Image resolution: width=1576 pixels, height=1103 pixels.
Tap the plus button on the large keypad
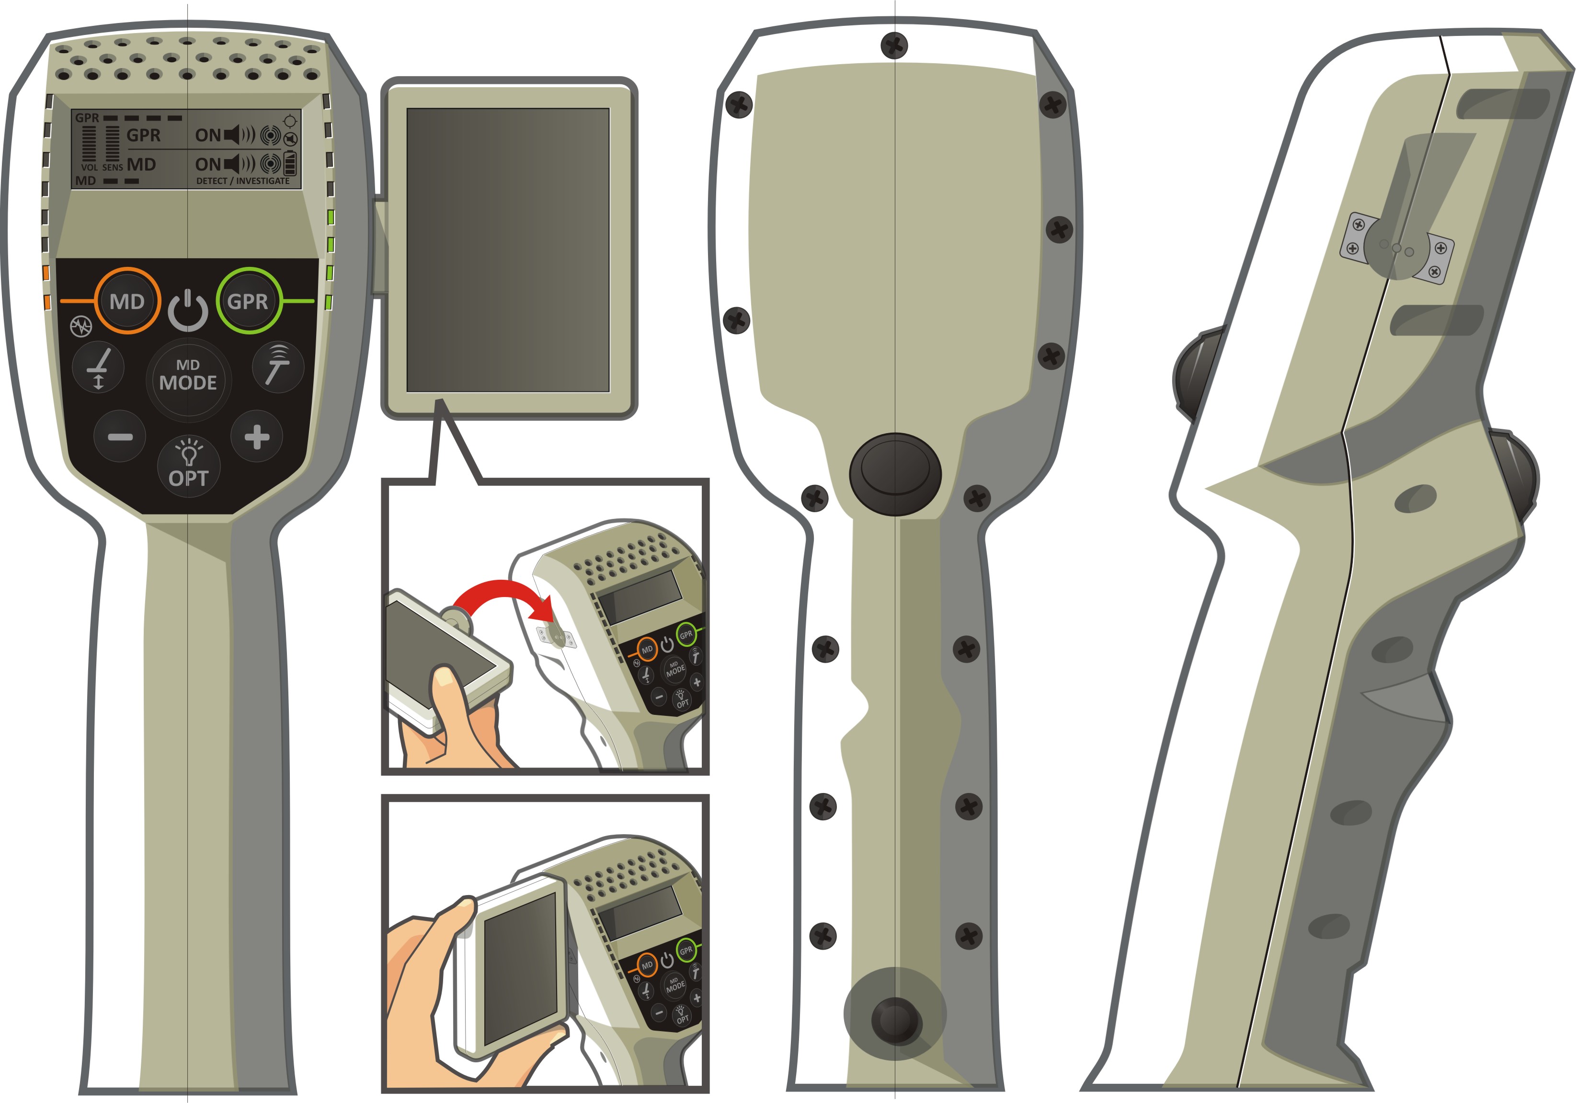click(x=257, y=437)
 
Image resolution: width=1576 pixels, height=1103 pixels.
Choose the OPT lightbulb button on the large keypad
click(x=189, y=467)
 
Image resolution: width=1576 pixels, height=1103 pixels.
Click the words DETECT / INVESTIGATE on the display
click(x=243, y=181)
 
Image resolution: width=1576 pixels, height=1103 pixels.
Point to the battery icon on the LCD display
click(x=290, y=163)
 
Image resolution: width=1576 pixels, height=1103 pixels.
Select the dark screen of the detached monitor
click(x=507, y=250)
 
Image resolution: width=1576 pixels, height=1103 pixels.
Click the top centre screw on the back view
click(x=894, y=46)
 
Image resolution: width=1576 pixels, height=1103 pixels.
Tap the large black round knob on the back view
click(x=895, y=473)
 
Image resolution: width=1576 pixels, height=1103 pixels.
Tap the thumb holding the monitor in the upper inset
click(x=447, y=690)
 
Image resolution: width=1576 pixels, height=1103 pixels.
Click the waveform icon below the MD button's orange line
click(x=81, y=327)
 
